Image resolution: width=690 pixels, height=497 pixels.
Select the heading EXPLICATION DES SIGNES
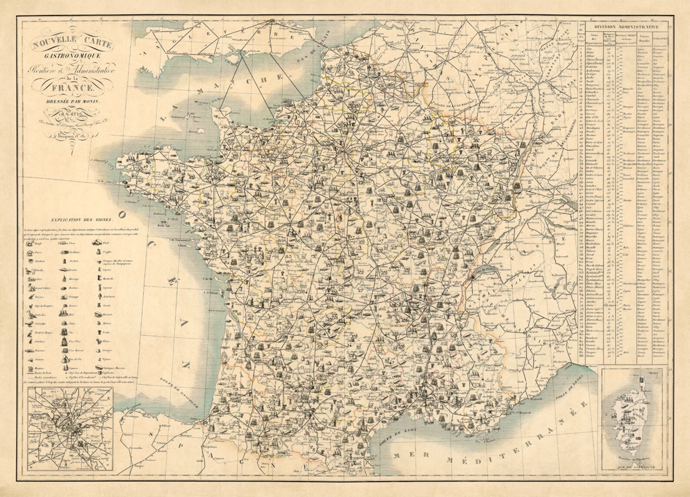[x=82, y=220]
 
